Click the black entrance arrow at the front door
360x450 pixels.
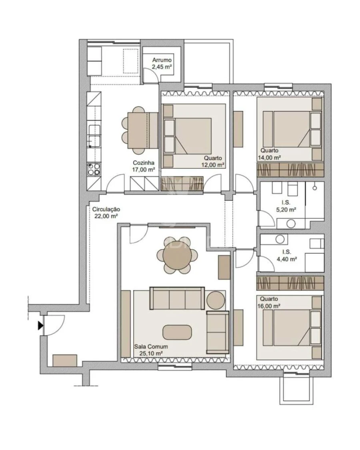[40, 326]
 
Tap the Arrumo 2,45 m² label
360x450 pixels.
[162, 64]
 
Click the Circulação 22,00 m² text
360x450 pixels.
[106, 212]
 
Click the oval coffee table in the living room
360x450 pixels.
[177, 332]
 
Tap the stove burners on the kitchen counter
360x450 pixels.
[94, 169]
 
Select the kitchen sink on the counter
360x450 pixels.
[94, 135]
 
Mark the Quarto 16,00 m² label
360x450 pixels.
[270, 302]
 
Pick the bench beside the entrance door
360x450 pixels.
[64, 360]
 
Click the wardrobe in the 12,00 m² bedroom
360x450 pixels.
[182, 184]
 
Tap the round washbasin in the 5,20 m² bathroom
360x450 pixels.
[292, 223]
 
